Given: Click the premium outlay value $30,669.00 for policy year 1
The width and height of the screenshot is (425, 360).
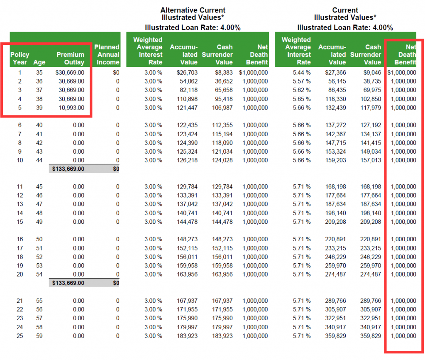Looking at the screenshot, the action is coord(70,73).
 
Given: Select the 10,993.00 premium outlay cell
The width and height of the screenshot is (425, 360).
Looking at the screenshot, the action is coord(71,108).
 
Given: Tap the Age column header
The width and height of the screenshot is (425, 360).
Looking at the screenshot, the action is coord(39,62).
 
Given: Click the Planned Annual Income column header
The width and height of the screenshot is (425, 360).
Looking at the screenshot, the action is coord(107,54).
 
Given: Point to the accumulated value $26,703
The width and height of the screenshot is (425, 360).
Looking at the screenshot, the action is coord(187,73).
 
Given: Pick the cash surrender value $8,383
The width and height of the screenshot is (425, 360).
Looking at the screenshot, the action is coord(224,73).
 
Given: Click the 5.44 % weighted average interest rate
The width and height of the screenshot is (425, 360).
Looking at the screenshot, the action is coord(301,73).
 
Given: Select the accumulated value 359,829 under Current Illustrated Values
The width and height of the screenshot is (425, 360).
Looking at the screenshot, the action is coord(335,336).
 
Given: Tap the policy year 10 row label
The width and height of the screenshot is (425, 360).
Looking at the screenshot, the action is coord(20,160).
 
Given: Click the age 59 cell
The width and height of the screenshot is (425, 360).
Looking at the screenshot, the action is coord(39,336).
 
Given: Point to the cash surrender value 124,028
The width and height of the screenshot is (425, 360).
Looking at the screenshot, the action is coord(222,160).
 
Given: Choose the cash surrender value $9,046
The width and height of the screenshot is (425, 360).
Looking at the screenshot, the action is coord(372,73).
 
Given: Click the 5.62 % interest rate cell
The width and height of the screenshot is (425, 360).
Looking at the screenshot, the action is coord(301,90).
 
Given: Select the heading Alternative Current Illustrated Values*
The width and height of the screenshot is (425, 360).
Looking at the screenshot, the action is coord(193,14).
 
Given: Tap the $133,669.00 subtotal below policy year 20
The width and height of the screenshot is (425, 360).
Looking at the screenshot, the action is coord(68,283).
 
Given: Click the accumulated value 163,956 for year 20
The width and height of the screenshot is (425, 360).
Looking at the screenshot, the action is coord(187,274).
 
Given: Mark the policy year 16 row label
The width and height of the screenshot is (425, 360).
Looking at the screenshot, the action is coord(20,239).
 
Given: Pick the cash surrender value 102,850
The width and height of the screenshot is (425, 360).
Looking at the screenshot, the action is coord(371,99).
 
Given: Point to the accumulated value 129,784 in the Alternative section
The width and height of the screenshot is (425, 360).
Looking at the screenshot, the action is coord(187,187).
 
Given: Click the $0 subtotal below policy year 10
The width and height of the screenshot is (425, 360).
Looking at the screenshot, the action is coord(116,169).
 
